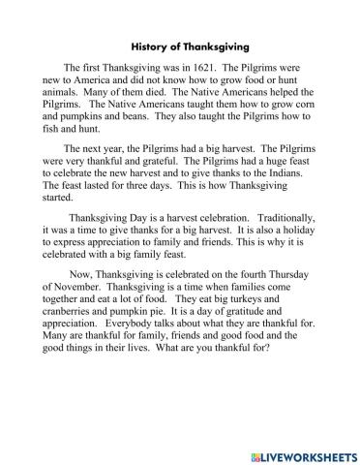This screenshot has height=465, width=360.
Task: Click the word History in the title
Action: point(148,45)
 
